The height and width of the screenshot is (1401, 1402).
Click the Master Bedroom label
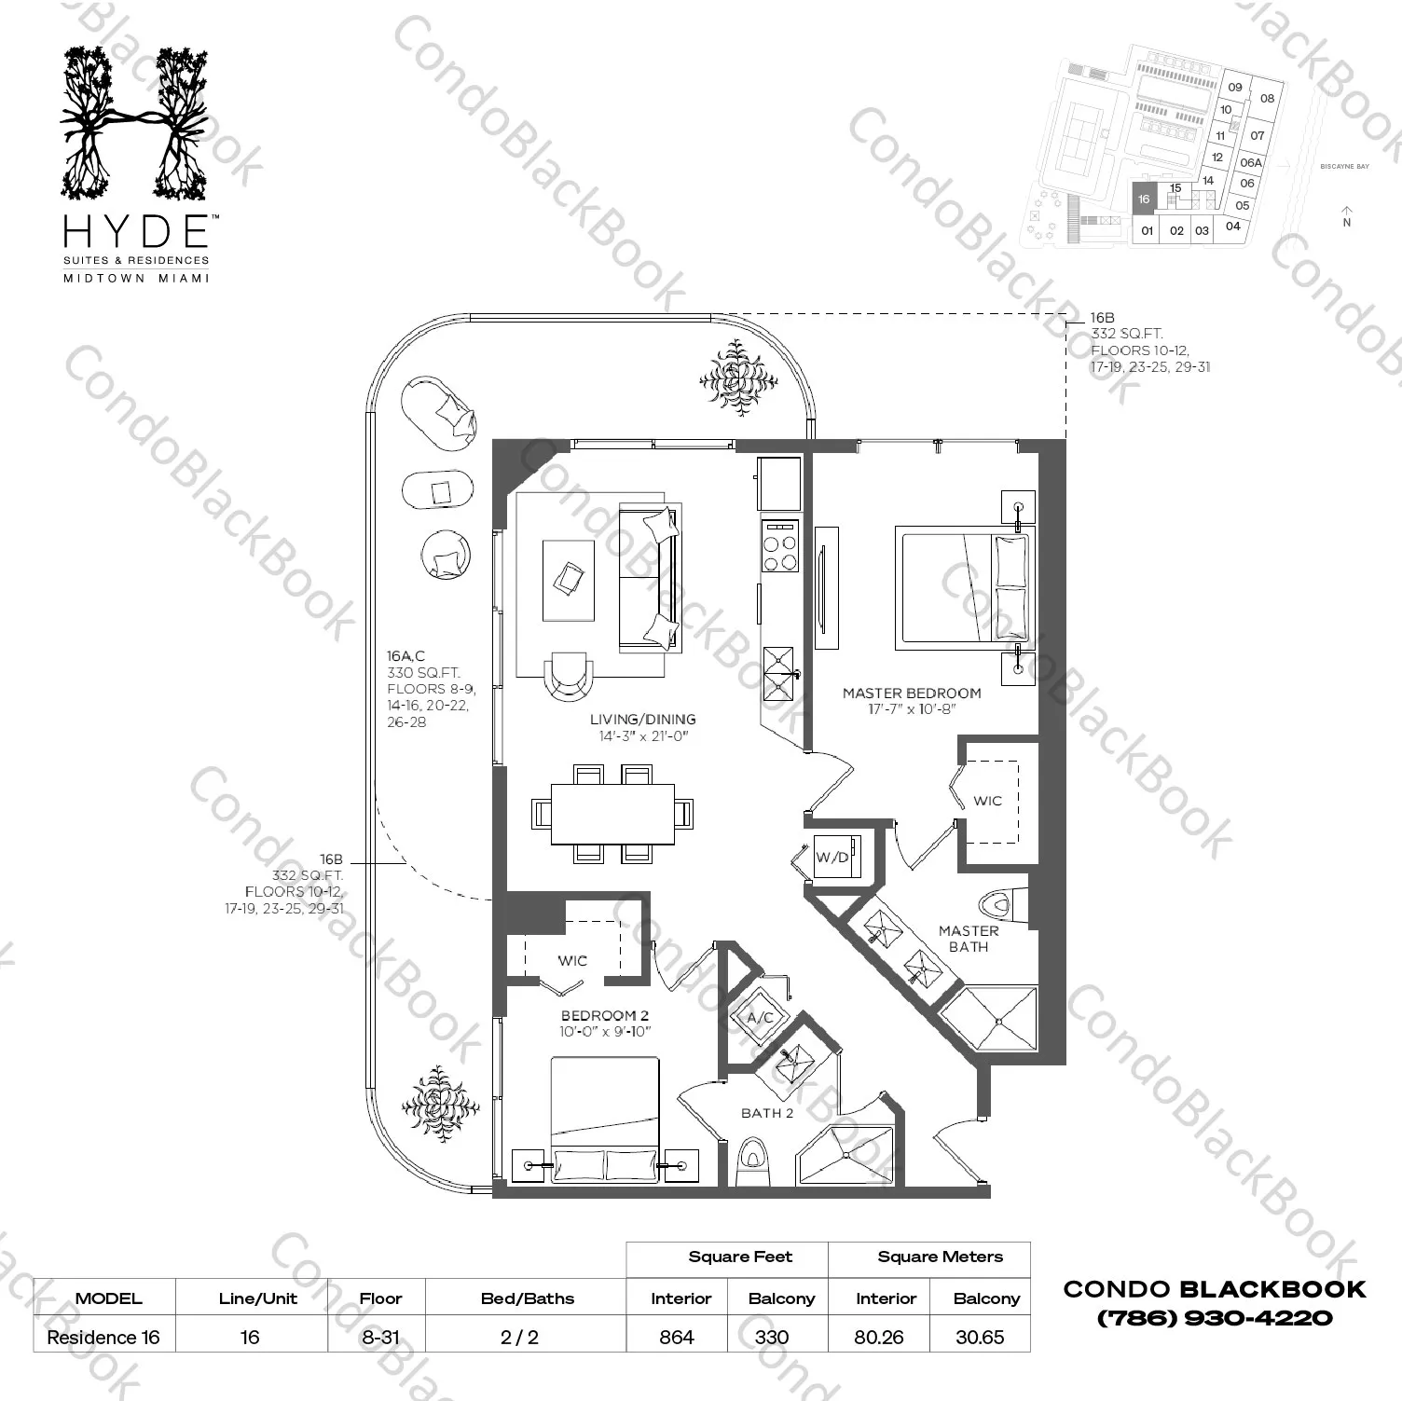pos(911,693)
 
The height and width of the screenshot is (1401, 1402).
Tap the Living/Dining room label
pos(642,719)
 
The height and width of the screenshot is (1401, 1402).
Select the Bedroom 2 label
pos(604,1015)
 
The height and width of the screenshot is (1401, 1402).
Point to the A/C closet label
pos(761,1017)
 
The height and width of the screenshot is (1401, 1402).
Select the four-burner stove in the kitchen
pos(780,546)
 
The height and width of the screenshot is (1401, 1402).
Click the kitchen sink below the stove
pos(778,673)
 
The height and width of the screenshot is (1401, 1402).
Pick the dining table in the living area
pos(612,813)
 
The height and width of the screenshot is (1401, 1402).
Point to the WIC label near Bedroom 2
pos(572,960)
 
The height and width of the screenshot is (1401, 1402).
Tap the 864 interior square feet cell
pos(677,1337)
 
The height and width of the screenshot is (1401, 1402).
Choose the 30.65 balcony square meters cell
pos(980,1337)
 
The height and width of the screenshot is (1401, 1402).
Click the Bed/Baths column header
pos(528,1298)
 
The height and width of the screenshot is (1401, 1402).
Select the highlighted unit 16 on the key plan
pos(1144,199)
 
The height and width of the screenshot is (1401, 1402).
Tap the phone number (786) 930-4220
pos(1214,1318)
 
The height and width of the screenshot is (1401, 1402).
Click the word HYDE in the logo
pos(135,230)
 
